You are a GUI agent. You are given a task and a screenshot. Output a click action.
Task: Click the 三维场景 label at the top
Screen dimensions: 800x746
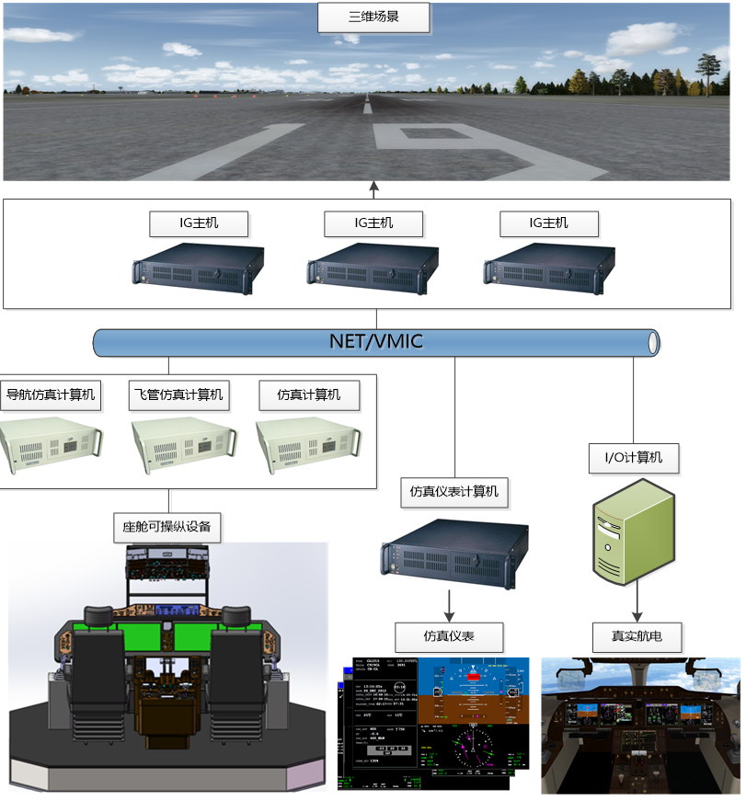click(x=374, y=17)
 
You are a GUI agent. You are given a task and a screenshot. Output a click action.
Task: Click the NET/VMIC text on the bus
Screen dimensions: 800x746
click(x=375, y=342)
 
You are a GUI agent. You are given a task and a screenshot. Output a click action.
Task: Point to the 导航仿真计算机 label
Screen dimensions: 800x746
click(x=50, y=395)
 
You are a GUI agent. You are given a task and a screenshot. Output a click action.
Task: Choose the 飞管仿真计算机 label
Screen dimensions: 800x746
click(x=178, y=395)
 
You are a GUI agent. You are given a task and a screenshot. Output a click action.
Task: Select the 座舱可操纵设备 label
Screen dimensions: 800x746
click(x=166, y=527)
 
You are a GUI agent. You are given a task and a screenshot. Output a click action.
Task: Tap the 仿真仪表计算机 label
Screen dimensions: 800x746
click(x=453, y=492)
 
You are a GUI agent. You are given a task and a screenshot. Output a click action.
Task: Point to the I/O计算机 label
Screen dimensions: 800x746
click(x=634, y=457)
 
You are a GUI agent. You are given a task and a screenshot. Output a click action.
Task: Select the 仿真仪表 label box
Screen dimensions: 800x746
click(x=449, y=636)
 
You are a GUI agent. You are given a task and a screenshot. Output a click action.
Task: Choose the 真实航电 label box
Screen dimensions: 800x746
click(x=636, y=636)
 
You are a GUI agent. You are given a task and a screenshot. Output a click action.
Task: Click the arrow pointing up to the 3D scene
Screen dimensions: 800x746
click(x=373, y=189)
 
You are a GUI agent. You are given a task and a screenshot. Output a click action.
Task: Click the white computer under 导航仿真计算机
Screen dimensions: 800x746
click(x=50, y=445)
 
